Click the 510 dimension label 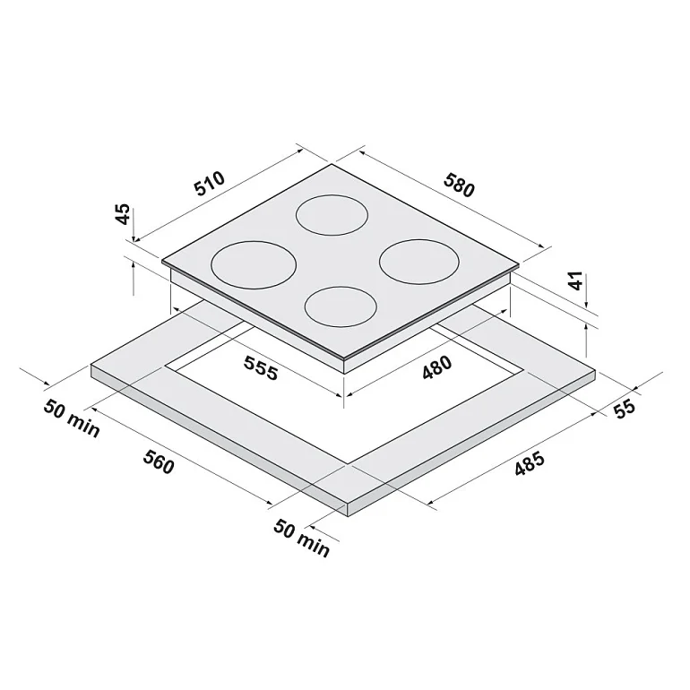pos(210,183)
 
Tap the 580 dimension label pos(460,185)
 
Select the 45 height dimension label pos(124,213)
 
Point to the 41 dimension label pos(575,280)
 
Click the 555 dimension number pos(261,367)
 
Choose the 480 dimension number pos(436,367)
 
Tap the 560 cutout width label pos(159,461)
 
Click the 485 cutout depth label pos(530,464)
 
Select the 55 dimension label pos(625,408)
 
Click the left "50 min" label pos(72,418)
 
